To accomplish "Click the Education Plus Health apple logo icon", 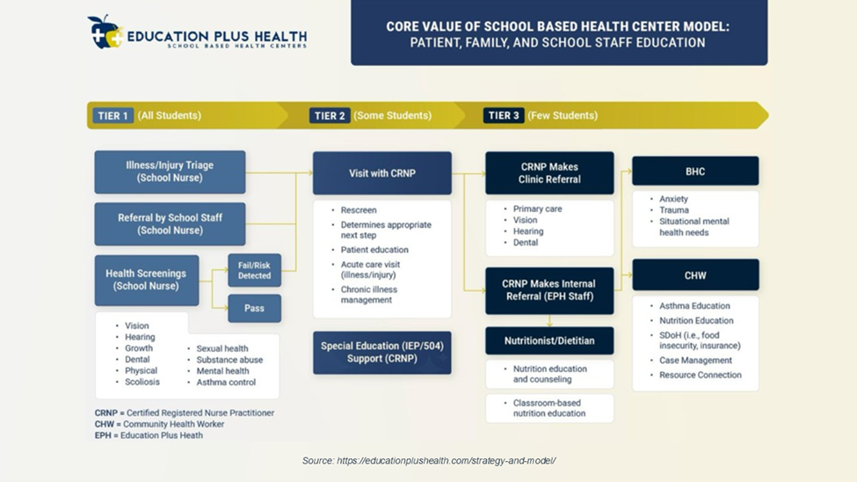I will pos(105,32).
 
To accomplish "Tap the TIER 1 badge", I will pos(114,115).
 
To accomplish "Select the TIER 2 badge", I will pos(330,115).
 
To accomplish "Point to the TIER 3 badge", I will pos(505,115).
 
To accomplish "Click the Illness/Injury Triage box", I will pos(170,172).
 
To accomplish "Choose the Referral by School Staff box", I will pos(170,224).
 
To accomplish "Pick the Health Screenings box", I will pos(147,280).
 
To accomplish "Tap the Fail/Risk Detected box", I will pos(255,270).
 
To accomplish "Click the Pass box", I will pos(255,309).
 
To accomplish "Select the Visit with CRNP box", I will pos(381,173).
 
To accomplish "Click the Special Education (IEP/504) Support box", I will pos(381,352).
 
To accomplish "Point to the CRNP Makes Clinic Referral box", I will pos(549,173).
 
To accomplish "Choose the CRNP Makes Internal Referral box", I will pos(549,290).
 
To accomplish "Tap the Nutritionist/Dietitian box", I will pos(549,340).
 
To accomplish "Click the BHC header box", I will pos(695,172).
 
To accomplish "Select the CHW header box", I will pos(695,275).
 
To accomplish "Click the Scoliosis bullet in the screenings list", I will pos(142,383).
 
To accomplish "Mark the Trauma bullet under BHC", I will pos(674,210).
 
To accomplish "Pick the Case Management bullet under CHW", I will pos(695,361).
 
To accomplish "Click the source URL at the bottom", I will pos(429,461).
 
